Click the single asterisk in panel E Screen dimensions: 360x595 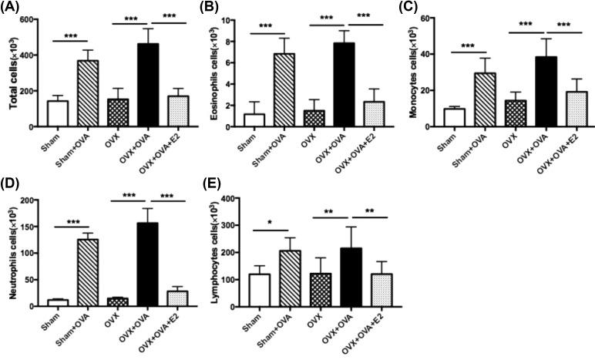(x=269, y=223)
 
